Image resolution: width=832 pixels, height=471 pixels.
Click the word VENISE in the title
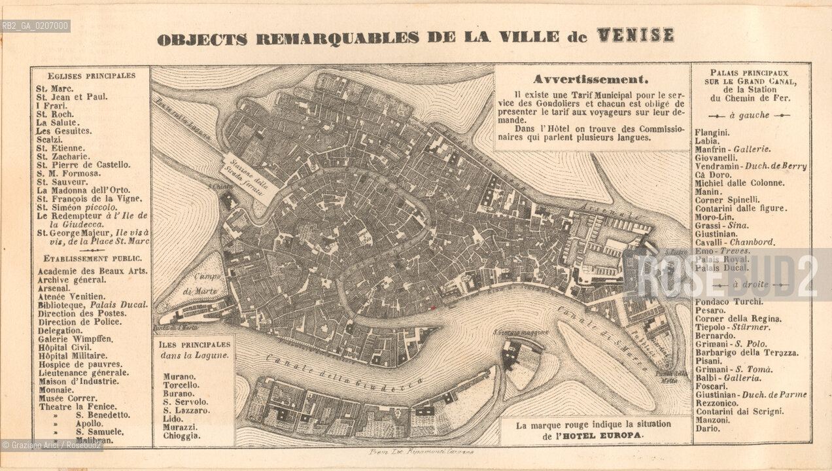[x=635, y=36]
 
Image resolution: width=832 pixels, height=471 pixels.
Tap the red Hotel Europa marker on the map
[x=433, y=306]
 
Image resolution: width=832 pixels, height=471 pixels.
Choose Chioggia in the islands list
[x=182, y=436]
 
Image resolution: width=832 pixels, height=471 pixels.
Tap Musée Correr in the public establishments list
[x=67, y=398]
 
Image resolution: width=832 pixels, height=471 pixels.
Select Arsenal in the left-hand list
[x=53, y=288]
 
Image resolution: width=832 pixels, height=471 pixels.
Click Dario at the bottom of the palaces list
[x=707, y=428]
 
